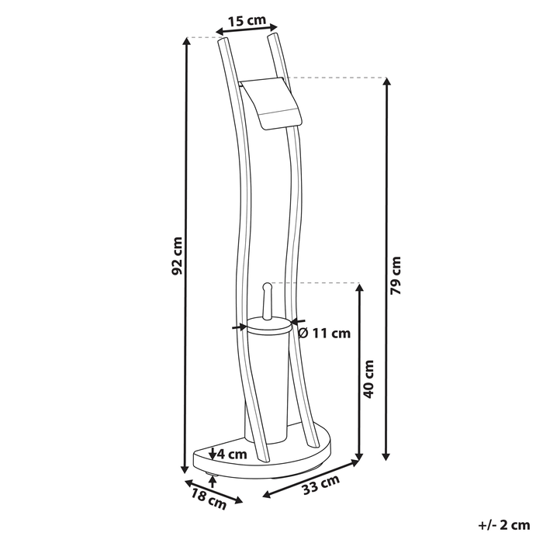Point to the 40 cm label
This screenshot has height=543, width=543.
point(369,379)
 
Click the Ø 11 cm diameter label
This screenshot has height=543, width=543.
point(324,334)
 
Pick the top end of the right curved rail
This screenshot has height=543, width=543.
point(272,35)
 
